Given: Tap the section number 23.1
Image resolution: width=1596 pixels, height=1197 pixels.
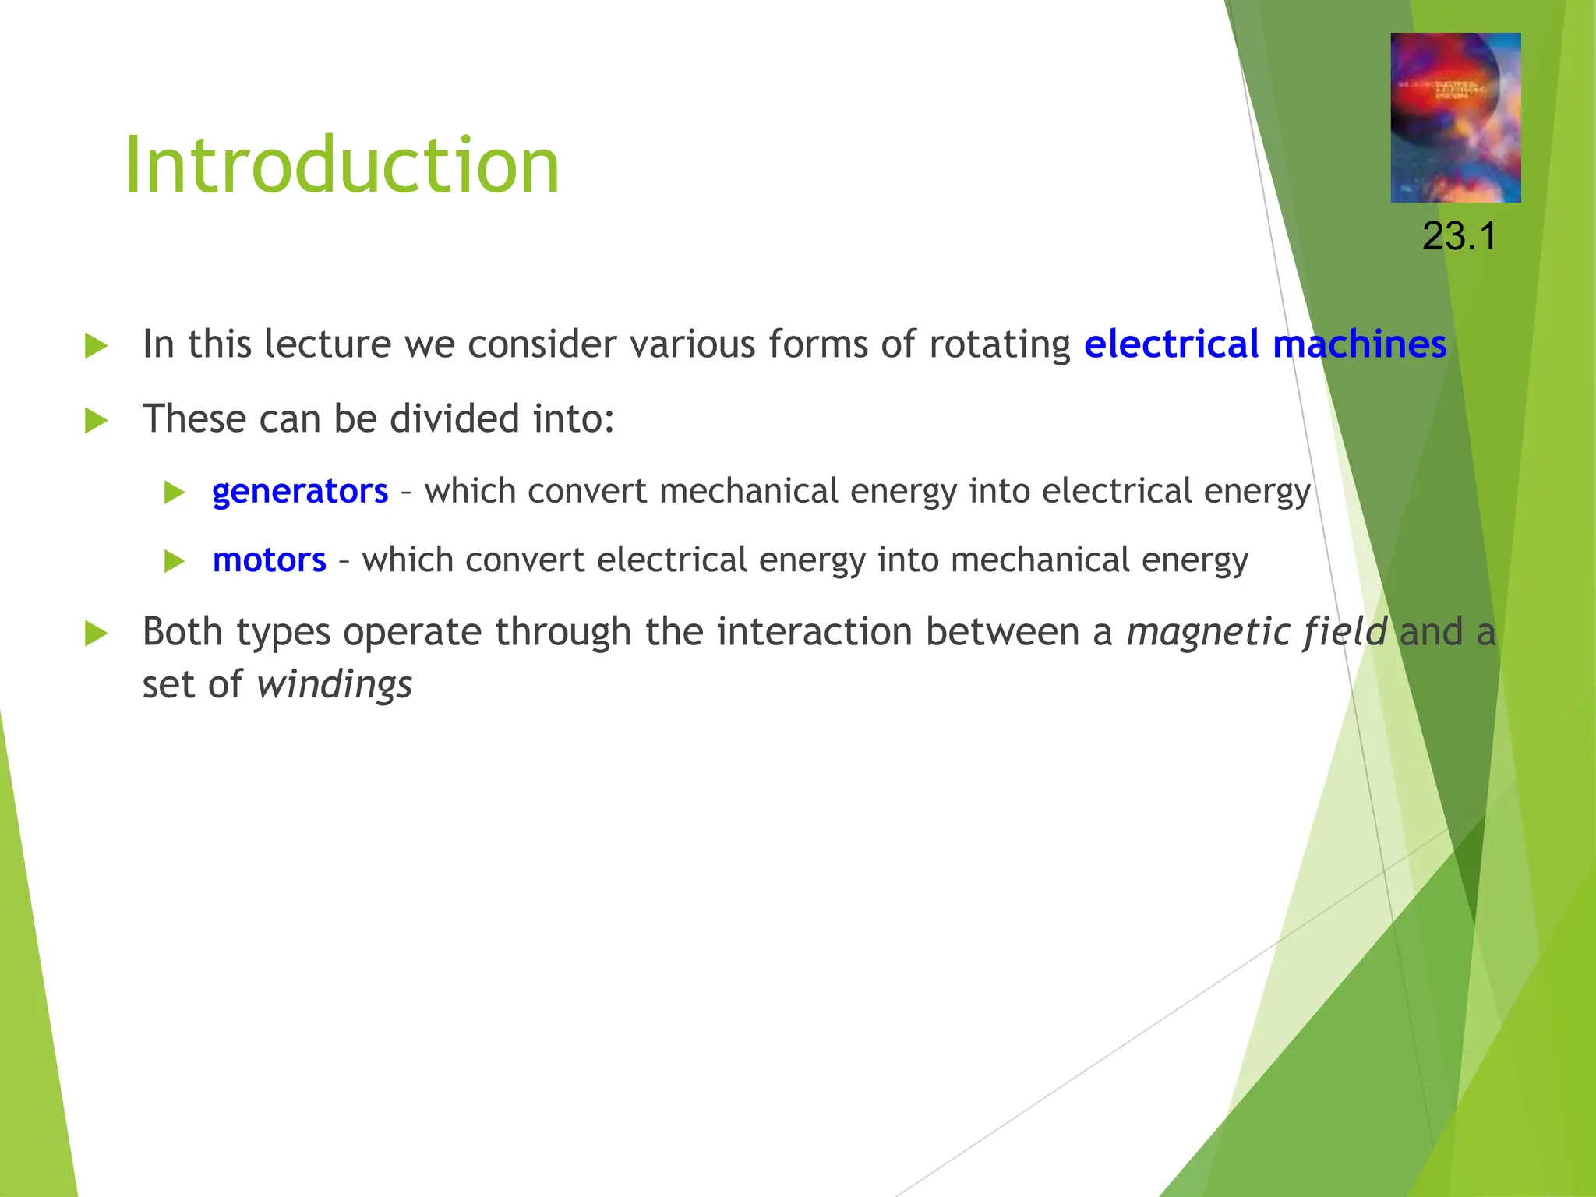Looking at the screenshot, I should [1459, 236].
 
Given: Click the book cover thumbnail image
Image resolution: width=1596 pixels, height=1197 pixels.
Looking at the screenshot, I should [1455, 118].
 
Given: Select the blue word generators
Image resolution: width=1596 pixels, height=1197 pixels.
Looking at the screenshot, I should [300, 492].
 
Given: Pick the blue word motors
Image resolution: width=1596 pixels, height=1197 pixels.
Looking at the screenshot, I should [270, 560].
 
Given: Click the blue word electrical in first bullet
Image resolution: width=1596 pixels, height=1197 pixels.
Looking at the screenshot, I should [1171, 344].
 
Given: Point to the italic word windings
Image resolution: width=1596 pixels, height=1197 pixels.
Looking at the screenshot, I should [334, 685].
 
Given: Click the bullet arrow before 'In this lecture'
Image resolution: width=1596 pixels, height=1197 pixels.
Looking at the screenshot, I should [96, 345].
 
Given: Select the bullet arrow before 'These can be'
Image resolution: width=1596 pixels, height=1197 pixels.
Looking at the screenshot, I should [96, 420].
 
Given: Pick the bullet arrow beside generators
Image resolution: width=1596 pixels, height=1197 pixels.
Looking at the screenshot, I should [175, 493].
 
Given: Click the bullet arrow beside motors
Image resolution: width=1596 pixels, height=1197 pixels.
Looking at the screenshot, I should [175, 561].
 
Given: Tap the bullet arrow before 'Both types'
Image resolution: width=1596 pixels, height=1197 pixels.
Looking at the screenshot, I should [96, 633].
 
